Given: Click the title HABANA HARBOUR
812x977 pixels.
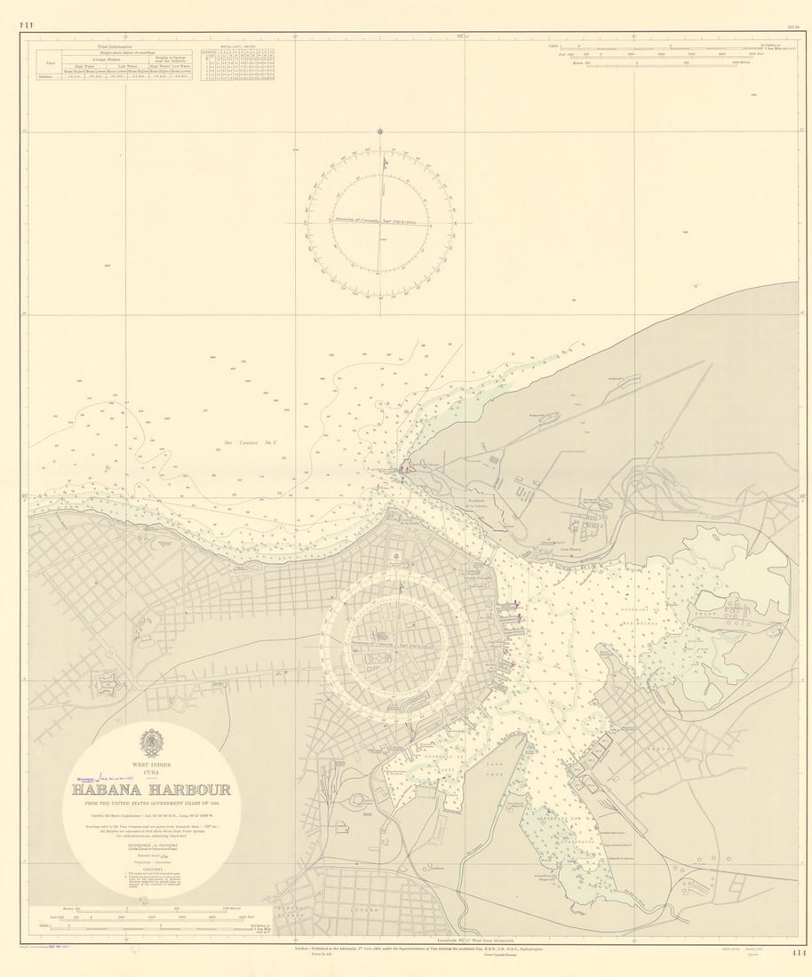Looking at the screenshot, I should pyautogui.click(x=151, y=790).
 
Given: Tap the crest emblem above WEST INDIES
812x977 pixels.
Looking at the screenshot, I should pyautogui.click(x=151, y=743).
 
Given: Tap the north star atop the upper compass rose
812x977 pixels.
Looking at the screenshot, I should pyautogui.click(x=380, y=131).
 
